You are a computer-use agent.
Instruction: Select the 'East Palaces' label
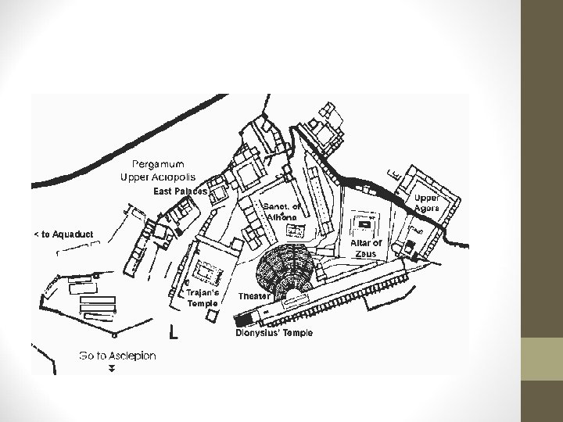pyautogui.click(x=180, y=191)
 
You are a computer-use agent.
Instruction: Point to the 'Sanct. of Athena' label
pyautogui.click(x=279, y=211)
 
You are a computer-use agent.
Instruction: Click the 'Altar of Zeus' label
pyautogui.click(x=366, y=248)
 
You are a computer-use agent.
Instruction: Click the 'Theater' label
pyautogui.click(x=254, y=296)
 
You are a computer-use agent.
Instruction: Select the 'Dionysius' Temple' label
pyautogui.click(x=274, y=333)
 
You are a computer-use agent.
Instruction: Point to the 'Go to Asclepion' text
pyautogui.click(x=117, y=356)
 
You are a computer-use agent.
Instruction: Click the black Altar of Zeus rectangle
pyautogui.click(x=364, y=224)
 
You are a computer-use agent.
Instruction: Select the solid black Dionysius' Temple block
pyautogui.click(x=242, y=320)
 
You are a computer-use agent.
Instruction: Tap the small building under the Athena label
pyautogui.click(x=296, y=230)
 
